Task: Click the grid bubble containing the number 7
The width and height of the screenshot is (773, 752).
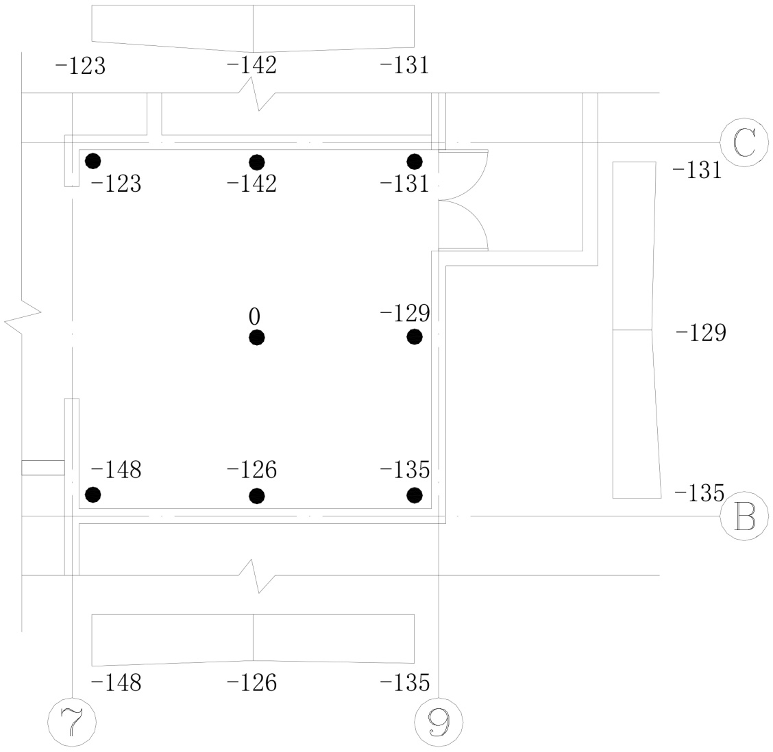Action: tap(72, 722)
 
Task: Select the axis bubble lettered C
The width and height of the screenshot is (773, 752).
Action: tap(744, 143)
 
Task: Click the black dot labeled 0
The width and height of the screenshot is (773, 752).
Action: tap(257, 338)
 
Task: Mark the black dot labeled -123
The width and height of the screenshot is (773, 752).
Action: tap(93, 161)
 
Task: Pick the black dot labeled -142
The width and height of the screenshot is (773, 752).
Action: tap(257, 162)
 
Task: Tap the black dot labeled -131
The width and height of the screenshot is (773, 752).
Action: tap(415, 161)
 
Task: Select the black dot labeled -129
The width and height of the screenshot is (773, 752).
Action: tap(415, 336)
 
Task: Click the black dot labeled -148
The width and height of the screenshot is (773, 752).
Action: tap(93, 494)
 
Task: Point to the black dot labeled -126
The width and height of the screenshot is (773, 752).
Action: tap(257, 495)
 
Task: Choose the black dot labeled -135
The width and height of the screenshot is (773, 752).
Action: tap(415, 494)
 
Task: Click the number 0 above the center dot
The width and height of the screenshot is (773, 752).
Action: tap(254, 316)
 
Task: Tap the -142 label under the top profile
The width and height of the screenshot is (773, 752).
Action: tap(251, 66)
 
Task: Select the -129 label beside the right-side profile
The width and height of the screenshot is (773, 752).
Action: tap(700, 334)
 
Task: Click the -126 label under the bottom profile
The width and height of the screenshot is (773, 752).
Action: tap(251, 683)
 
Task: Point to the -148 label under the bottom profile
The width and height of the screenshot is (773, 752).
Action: tap(116, 683)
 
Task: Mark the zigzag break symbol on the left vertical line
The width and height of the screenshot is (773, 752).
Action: tap(23, 316)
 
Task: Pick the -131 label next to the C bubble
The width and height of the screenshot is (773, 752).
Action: tap(698, 169)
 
